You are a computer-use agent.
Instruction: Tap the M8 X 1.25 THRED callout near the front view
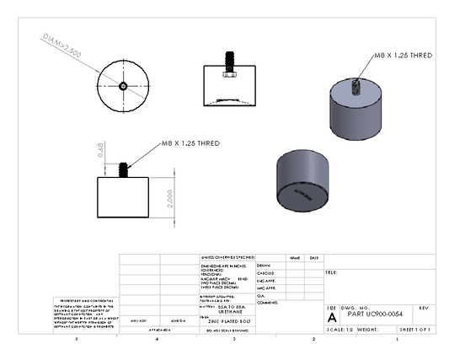190,144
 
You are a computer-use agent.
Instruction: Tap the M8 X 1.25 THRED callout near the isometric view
404,55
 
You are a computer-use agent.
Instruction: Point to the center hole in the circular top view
123,85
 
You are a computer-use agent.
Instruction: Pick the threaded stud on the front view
123,169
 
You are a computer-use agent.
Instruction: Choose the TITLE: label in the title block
332,273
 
